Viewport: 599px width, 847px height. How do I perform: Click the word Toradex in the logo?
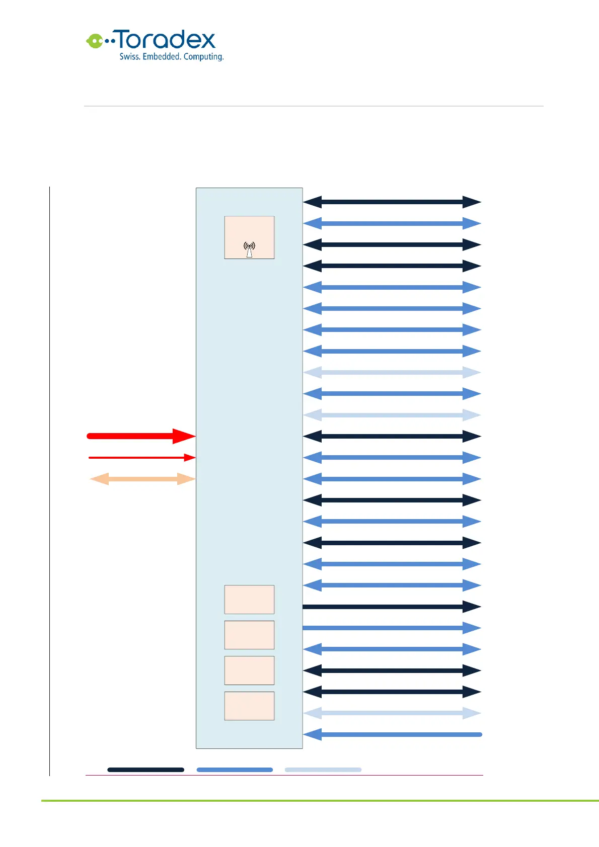pyautogui.click(x=166, y=40)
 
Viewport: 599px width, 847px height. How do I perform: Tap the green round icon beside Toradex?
pyautogui.click(x=94, y=41)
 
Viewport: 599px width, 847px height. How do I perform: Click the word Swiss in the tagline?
pyautogui.click(x=129, y=57)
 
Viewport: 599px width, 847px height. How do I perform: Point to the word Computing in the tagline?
pyautogui.click(x=203, y=57)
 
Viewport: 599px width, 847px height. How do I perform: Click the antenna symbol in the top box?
pyautogui.click(x=249, y=249)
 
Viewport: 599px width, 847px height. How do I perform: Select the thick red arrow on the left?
pyautogui.click(x=141, y=436)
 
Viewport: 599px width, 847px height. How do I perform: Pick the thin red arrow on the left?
pyautogui.click(x=141, y=458)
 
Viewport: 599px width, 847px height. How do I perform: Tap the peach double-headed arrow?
pyautogui.click(x=142, y=479)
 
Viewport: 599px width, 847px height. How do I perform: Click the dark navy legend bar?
pyautogui.click(x=145, y=770)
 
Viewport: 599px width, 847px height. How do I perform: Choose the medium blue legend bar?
pyautogui.click(x=235, y=770)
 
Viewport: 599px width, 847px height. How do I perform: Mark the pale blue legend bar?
pyautogui.click(x=323, y=770)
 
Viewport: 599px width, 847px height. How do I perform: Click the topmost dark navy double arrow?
pyautogui.click(x=392, y=202)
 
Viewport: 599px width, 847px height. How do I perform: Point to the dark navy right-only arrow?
pyautogui.click(x=392, y=607)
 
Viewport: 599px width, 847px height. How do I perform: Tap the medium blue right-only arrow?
pyautogui.click(x=392, y=628)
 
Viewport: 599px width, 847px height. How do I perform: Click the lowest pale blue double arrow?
pyautogui.click(x=392, y=713)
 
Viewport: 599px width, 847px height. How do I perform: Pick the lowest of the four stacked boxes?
pyautogui.click(x=249, y=706)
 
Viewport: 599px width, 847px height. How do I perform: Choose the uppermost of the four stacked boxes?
pyautogui.click(x=249, y=600)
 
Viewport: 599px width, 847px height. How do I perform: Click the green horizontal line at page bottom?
pyautogui.click(x=320, y=801)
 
